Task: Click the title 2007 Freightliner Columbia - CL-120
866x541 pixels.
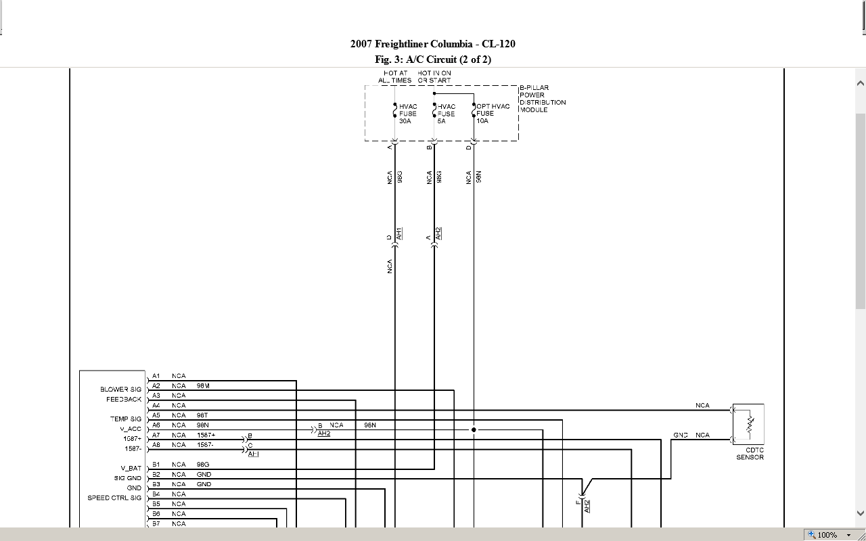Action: pyautogui.click(x=432, y=44)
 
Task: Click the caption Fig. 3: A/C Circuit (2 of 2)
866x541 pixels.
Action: pyautogui.click(x=433, y=60)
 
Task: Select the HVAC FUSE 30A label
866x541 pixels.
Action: pyautogui.click(x=408, y=114)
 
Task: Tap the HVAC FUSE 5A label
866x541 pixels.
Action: pyautogui.click(x=447, y=114)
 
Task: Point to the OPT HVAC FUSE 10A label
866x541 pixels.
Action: pyautogui.click(x=493, y=114)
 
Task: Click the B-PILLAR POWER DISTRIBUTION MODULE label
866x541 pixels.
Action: pyautogui.click(x=543, y=99)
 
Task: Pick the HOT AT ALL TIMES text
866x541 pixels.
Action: pyautogui.click(x=395, y=76)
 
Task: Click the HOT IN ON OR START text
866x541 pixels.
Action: pyautogui.click(x=434, y=76)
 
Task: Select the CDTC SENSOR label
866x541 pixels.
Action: pyautogui.click(x=750, y=454)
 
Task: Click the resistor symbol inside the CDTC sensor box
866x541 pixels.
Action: pyautogui.click(x=749, y=425)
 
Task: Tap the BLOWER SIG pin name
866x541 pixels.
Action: pyautogui.click(x=121, y=390)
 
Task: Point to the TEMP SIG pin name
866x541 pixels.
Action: pyautogui.click(x=126, y=419)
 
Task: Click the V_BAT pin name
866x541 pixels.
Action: pyautogui.click(x=131, y=468)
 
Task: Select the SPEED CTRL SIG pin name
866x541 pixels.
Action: pyautogui.click(x=114, y=498)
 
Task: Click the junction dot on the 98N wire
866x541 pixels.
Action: pyautogui.click(x=474, y=429)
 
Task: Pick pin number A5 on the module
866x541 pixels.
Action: pyautogui.click(x=156, y=415)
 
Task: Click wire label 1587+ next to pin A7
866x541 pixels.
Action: pyautogui.click(x=206, y=435)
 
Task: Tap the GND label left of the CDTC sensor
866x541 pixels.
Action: pyautogui.click(x=680, y=435)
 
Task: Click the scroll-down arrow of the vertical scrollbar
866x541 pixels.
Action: pyautogui.click(x=861, y=513)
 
